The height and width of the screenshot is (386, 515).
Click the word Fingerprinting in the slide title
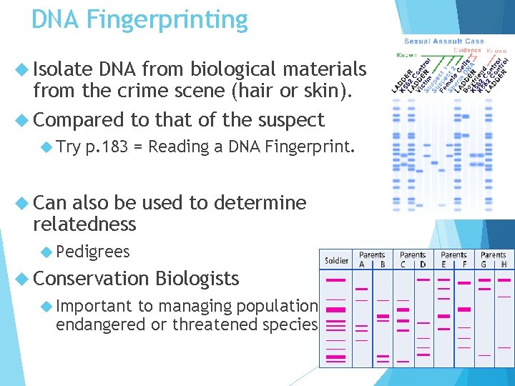167,19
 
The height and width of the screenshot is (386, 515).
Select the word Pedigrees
93,252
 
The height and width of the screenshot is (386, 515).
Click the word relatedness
84,224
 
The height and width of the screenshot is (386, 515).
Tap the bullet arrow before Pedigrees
47,252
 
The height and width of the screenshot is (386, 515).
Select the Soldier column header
336,260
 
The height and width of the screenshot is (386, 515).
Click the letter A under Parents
361,264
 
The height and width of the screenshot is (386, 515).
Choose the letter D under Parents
423,264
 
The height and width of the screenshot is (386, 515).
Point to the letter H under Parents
504,264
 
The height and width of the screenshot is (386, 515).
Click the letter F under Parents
464,264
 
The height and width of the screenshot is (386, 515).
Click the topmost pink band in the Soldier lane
335,280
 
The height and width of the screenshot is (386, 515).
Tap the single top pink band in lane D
423,280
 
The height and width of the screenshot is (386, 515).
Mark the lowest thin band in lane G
484,354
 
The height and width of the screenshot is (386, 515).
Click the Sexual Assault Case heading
444,41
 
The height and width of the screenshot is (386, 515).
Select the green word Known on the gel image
408,54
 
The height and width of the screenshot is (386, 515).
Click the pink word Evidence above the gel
469,50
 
